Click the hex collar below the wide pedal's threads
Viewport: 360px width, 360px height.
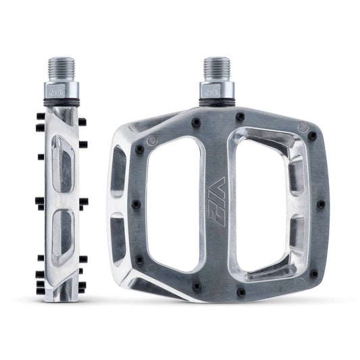click(x=217, y=91)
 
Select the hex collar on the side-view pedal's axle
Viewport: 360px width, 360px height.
click(x=61, y=91)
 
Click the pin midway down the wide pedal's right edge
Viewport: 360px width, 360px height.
click(x=320, y=203)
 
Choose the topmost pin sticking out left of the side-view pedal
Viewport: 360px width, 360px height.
click(x=41, y=116)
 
